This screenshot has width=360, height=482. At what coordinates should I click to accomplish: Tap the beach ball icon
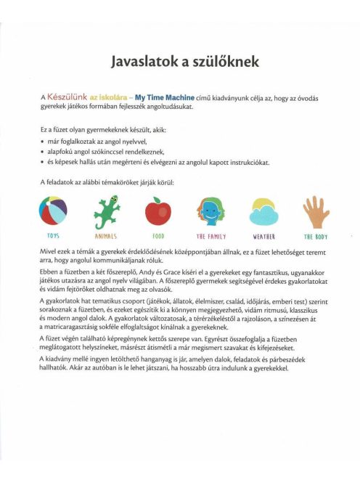click(54, 212)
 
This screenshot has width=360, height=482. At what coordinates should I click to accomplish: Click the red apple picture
click(158, 212)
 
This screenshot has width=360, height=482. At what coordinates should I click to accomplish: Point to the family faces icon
click(211, 212)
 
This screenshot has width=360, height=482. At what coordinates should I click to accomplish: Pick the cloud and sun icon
click(263, 212)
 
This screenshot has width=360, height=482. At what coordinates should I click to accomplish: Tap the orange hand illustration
click(316, 211)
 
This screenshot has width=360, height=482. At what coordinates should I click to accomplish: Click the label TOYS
click(54, 237)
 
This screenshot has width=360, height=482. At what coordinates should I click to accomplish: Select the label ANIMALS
click(106, 237)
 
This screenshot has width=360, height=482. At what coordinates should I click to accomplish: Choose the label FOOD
click(158, 237)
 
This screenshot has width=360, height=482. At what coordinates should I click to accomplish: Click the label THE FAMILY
click(211, 237)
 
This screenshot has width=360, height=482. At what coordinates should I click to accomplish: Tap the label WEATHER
click(263, 237)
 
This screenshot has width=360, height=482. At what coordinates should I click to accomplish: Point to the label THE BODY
click(316, 237)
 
